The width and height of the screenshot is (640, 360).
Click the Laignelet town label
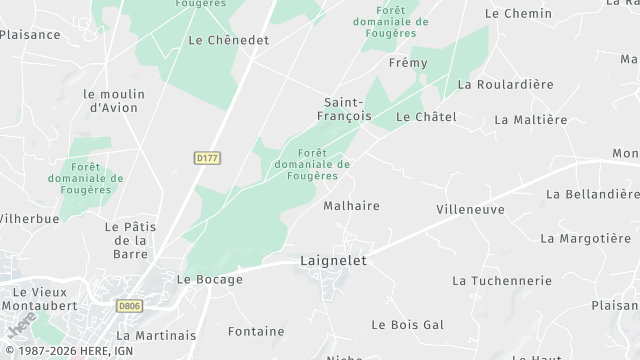coord(334,260)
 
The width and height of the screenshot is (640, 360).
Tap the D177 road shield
coord(208,157)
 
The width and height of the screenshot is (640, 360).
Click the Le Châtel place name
coord(426,117)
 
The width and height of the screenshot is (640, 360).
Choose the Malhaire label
coord(351,206)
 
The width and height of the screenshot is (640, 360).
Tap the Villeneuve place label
coord(470,210)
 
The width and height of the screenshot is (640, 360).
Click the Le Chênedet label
coord(228,40)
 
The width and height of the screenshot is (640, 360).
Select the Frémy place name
coord(407,63)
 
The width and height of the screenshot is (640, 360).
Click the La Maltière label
coord(530,120)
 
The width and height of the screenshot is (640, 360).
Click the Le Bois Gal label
coord(407,325)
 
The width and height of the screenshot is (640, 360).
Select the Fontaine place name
coord(255,330)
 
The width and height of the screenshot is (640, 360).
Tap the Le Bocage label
coord(209,280)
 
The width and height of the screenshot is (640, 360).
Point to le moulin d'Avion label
coord(115,101)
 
